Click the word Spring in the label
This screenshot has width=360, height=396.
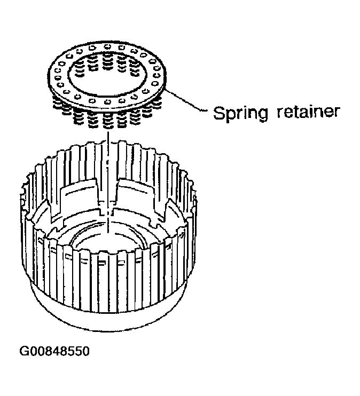(x=240, y=114)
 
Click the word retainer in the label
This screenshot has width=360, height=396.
(x=308, y=112)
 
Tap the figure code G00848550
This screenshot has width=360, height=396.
(x=54, y=351)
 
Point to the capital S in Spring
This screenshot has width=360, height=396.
(x=219, y=113)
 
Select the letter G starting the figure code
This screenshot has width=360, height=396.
(x=24, y=351)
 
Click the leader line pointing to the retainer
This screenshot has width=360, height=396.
(x=186, y=100)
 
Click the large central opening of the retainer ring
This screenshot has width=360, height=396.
(x=107, y=80)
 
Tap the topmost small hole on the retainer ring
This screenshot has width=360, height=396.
(x=107, y=46)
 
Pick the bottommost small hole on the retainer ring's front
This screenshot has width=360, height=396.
(x=108, y=102)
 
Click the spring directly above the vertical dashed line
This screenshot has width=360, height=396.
(x=108, y=121)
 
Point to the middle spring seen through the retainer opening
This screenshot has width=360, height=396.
(x=108, y=61)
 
